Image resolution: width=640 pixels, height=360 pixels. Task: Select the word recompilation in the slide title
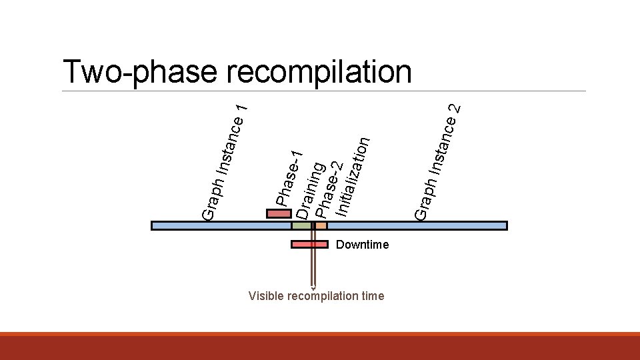[319, 72]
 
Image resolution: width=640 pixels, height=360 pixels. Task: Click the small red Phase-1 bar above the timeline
[279, 214]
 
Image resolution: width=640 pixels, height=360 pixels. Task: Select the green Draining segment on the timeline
[301, 225]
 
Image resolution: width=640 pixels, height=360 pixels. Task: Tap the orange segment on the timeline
[321, 225]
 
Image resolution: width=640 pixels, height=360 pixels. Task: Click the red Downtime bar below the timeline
[309, 244]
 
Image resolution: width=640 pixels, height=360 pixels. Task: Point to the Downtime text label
[362, 245]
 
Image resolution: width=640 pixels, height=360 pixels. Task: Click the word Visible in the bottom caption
[265, 296]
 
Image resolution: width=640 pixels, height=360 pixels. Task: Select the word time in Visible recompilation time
[372, 296]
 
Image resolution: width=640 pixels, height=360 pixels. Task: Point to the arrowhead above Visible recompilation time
[312, 288]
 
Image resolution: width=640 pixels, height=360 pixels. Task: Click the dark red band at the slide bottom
[320, 347]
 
